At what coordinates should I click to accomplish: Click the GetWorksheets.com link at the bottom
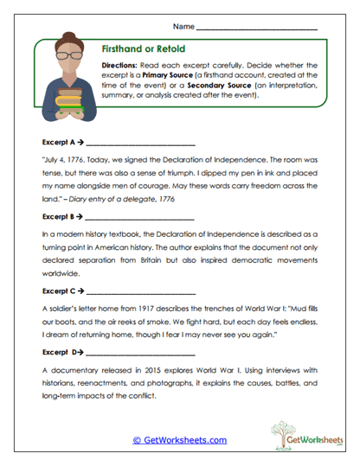(179, 440)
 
